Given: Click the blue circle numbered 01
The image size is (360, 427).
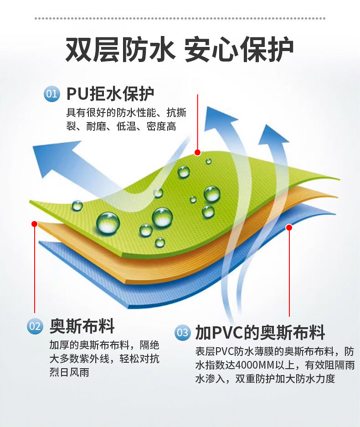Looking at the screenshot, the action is tap(52, 94).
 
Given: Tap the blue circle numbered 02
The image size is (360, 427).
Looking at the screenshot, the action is tap(35, 326).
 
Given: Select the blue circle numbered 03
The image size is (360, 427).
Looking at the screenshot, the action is tap(182, 333).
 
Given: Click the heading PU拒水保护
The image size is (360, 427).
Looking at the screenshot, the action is tap(110, 94).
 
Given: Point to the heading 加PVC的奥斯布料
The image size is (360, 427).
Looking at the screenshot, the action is tap(260, 333).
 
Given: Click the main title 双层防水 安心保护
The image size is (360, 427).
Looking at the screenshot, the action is tap(180, 49).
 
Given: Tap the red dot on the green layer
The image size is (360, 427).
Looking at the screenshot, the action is tap(197, 153).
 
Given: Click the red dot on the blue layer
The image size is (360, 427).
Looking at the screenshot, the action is tap(289, 227).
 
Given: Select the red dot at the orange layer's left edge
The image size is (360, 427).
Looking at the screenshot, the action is tap(34, 224).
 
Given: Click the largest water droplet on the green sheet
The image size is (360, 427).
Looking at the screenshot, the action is tap(108, 223).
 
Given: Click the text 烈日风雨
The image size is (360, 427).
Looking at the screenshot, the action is tap(69, 372).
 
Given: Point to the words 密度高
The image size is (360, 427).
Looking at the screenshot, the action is tap(161, 126).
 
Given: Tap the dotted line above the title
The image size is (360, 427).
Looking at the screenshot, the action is tap(180, 18).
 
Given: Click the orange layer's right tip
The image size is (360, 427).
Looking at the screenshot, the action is tap(337, 196).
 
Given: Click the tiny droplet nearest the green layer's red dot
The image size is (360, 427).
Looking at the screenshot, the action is tap(209, 161).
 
